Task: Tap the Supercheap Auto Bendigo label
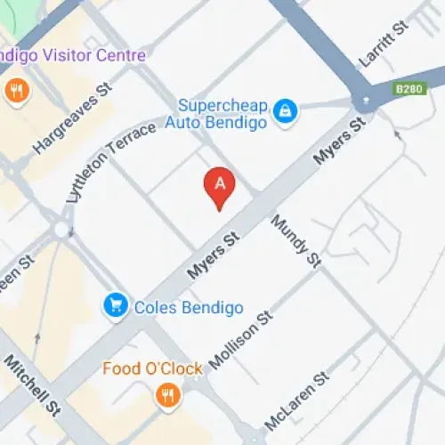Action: pyautogui.click(x=222, y=114)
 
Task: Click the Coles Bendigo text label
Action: pyautogui.click(x=189, y=308)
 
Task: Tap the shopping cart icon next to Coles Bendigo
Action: pyautogui.click(x=115, y=306)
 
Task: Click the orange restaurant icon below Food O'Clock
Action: pyautogui.click(x=166, y=395)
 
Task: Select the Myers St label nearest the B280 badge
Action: pyautogui.click(x=339, y=142)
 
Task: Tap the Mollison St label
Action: pyautogui.click(x=239, y=341)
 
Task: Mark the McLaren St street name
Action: pyautogui.click(x=297, y=401)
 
